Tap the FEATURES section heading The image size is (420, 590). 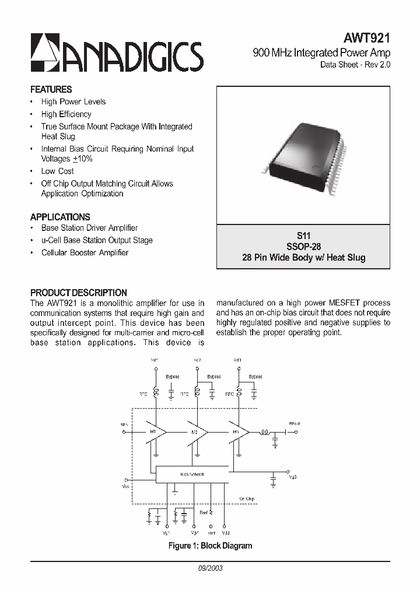click(x=51, y=90)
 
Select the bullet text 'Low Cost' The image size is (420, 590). click(x=57, y=171)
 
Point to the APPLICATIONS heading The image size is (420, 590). click(x=60, y=217)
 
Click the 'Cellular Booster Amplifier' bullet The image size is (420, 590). click(x=85, y=253)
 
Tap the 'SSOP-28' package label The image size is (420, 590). click(x=303, y=247)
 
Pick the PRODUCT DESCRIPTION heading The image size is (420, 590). click(x=78, y=293)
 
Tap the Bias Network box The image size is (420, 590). click(x=192, y=475)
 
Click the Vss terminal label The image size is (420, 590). click(x=126, y=486)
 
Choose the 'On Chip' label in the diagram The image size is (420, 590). click(x=247, y=498)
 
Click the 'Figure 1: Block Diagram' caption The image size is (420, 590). click(x=210, y=546)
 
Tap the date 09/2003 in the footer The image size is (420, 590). click(x=210, y=568)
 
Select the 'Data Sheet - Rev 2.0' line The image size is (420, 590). click(x=355, y=65)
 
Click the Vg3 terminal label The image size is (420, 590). click(x=292, y=477)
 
